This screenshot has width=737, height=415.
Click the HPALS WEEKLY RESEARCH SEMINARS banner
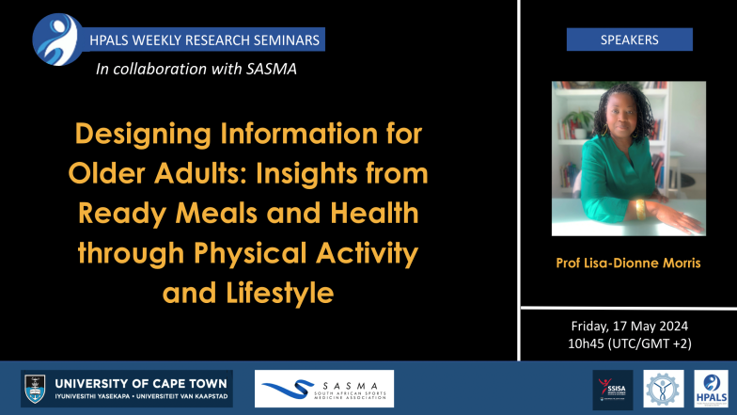click(x=204, y=40)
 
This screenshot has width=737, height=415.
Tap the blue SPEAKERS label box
click(x=629, y=40)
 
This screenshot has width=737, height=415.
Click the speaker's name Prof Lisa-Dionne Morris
click(x=629, y=263)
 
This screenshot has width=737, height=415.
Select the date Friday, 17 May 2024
click(x=629, y=326)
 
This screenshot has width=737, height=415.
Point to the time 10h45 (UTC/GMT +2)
click(x=629, y=343)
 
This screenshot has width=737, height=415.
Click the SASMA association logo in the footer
click(x=323, y=389)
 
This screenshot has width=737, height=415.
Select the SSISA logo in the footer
click(x=613, y=389)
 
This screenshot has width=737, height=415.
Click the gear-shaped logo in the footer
click(x=663, y=389)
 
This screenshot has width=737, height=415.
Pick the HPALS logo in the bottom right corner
click(x=710, y=389)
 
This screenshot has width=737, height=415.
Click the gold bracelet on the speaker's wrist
click(x=641, y=209)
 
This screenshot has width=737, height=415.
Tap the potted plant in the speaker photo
click(x=575, y=121)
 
